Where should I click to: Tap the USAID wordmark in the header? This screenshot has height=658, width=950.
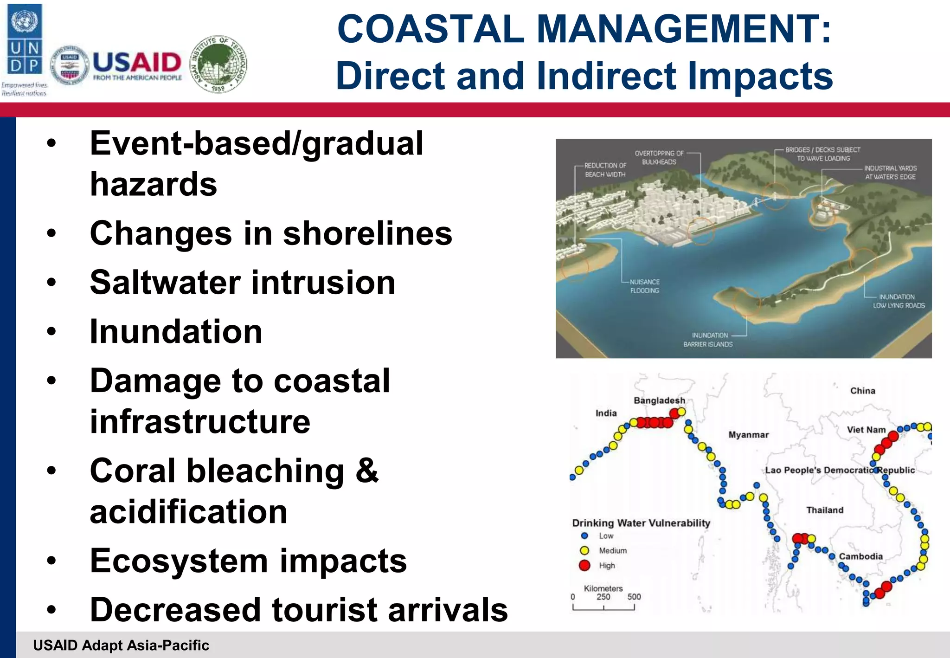tap(137, 63)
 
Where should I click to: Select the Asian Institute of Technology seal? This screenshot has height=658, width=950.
tap(219, 64)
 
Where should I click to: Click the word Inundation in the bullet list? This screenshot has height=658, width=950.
tap(176, 331)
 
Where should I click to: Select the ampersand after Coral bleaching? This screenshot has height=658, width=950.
tap(367, 471)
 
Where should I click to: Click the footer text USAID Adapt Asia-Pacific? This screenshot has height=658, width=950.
tap(121, 645)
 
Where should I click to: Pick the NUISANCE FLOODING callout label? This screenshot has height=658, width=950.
tap(644, 286)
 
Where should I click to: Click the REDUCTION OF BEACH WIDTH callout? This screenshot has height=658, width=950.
tap(605, 170)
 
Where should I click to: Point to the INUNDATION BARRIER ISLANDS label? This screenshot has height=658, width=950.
tap(708, 340)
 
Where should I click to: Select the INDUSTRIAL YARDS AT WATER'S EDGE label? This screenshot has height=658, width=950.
tap(890, 173)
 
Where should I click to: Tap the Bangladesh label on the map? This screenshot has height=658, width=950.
tap(659, 400)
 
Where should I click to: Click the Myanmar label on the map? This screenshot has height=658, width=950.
tap(748, 435)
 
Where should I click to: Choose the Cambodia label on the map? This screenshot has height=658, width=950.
tap(860, 556)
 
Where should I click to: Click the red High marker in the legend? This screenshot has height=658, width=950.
tap(584, 565)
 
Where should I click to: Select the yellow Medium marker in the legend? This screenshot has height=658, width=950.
tap(584, 550)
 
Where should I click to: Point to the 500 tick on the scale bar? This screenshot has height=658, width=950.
tap(634, 597)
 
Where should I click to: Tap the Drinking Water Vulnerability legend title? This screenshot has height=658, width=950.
tap(641, 523)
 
